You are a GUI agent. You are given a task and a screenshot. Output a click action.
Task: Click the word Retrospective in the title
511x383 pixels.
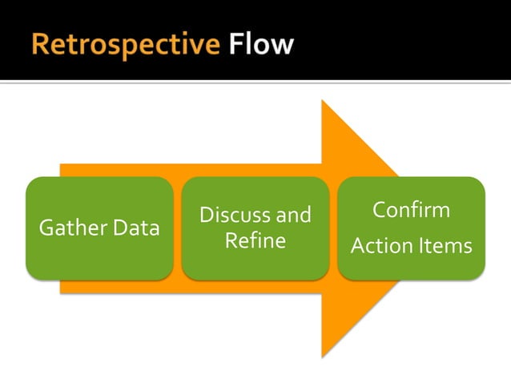click(126, 45)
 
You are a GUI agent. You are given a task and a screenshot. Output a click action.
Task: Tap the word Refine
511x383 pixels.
click(255, 240)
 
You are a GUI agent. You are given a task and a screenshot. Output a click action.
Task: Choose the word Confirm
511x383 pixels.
click(411, 211)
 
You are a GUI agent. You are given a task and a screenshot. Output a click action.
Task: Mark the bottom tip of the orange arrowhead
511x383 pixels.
click(323, 356)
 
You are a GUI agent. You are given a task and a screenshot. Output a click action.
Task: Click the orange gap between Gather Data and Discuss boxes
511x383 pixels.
click(177, 228)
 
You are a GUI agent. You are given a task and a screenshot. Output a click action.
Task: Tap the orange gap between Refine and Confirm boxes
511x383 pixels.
click(333, 228)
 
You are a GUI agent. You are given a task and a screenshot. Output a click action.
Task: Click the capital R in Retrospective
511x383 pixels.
click(40, 45)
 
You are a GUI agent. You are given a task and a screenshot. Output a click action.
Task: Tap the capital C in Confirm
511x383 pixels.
click(380, 211)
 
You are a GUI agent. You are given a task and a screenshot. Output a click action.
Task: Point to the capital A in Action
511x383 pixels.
click(357, 246)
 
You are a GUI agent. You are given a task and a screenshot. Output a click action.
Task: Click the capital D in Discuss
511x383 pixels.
click(205, 215)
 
